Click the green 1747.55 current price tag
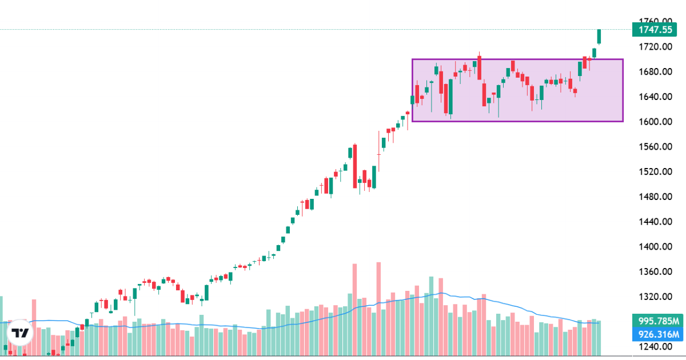coord(656,30)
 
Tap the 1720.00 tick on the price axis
coord(656,46)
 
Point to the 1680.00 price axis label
coord(656,71)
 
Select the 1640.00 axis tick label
coord(656,97)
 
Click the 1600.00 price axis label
coord(656,122)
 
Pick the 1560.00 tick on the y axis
coord(656,147)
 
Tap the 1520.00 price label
coord(656,171)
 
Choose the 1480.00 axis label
coord(656,197)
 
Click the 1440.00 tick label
coord(656,222)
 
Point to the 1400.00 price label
coord(656,247)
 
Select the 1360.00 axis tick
coord(656,272)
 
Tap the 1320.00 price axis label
coord(656,297)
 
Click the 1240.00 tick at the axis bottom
coord(656,347)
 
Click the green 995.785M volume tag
coord(656,321)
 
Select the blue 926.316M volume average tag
coord(656,334)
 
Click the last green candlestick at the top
coord(599,37)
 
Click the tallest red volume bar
coord(378,309)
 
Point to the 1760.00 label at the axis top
coord(656,21)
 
